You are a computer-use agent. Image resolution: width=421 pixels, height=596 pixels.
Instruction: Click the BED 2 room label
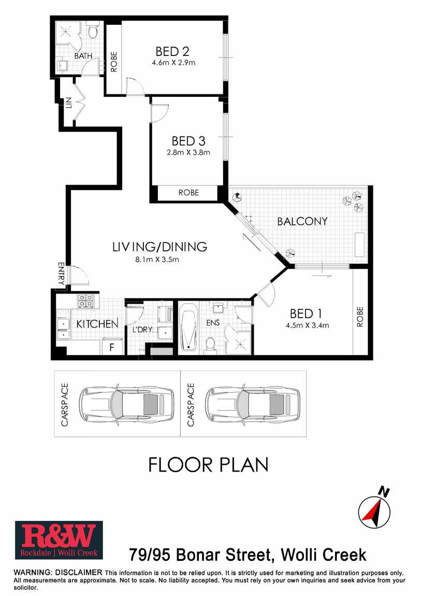172,51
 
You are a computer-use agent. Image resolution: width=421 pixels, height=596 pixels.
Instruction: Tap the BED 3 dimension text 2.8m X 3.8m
188,153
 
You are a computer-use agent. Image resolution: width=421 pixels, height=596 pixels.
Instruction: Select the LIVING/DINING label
160,247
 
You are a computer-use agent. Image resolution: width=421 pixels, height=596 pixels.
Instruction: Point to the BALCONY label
302,221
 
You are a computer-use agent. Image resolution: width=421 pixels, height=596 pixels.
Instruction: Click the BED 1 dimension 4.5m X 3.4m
308,325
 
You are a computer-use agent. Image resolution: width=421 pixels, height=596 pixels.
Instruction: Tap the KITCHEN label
97,324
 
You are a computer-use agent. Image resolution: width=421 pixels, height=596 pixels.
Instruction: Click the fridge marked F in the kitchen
112,347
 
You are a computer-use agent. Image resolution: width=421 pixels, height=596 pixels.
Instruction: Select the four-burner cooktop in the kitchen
86,301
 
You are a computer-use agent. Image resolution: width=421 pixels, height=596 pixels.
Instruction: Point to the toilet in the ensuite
210,346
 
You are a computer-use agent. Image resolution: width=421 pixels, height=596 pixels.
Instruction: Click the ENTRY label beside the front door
61,274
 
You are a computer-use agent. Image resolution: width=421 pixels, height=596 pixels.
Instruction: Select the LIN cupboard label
69,103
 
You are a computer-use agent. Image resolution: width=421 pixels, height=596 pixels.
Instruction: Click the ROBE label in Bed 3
188,193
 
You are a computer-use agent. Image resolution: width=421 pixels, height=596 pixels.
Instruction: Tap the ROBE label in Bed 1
360,317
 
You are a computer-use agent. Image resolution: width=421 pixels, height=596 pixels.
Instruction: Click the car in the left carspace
126,404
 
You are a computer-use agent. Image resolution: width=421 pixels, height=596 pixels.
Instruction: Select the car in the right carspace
253,404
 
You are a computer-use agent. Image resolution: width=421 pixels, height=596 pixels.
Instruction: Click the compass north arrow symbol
375,508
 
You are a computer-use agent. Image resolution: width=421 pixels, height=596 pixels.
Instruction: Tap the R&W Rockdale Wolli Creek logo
59,540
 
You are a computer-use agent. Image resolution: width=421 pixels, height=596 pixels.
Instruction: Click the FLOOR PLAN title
208,465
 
